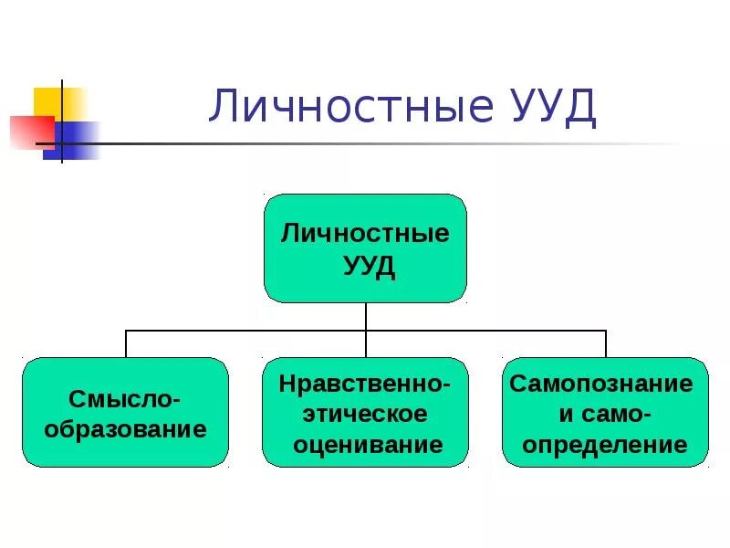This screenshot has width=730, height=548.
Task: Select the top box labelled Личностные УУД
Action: [365, 248]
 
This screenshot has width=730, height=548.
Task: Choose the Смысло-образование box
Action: [124, 412]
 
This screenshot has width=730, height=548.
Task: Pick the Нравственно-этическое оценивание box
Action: [365, 412]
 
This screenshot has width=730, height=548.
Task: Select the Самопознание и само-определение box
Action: [606, 412]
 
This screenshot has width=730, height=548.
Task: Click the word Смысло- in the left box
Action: [124, 398]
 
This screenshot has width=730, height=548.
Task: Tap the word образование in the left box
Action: [124, 428]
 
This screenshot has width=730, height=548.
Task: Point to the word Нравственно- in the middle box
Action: [365, 384]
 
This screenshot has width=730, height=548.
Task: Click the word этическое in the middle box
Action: [365, 414]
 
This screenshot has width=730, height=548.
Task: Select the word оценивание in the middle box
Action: [365, 445]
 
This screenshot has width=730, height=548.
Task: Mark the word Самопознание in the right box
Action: [602, 384]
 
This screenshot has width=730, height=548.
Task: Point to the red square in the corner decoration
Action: [29, 131]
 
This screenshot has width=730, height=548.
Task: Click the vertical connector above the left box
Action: [125, 343]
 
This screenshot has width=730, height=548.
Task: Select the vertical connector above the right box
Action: [606, 343]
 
